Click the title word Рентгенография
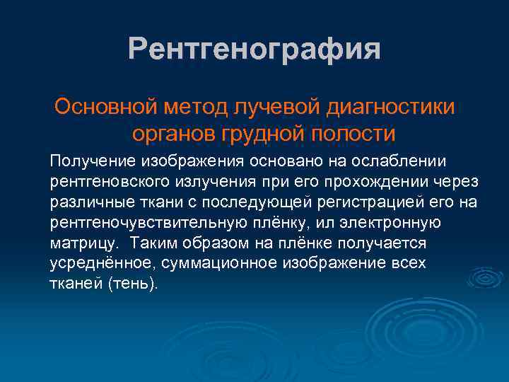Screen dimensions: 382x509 pos(255,50)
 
